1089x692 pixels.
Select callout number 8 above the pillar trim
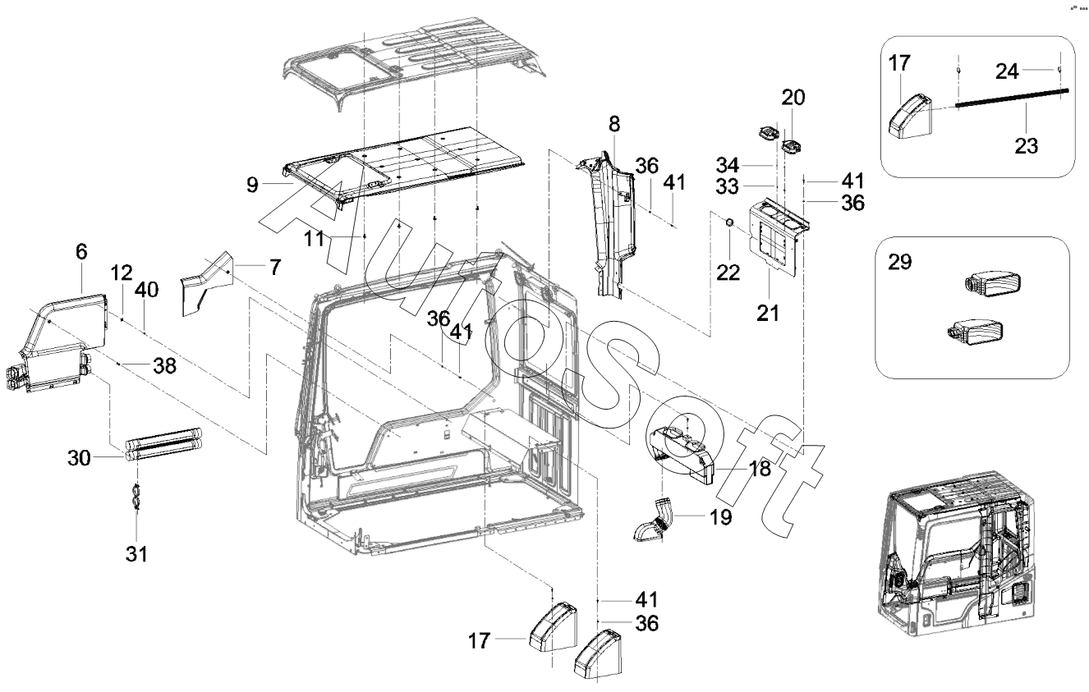(x=614, y=126)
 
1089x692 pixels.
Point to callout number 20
(x=793, y=98)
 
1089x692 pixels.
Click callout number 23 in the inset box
(x=1026, y=147)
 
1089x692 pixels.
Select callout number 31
(x=137, y=554)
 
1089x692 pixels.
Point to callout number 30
(x=80, y=457)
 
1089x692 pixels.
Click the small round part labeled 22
(x=729, y=224)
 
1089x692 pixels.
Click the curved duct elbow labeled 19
(x=655, y=522)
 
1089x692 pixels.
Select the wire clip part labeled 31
(x=137, y=497)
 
